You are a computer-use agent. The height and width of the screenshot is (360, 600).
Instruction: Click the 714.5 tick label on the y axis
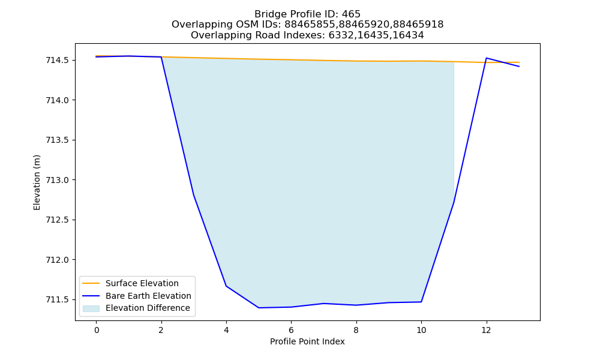(x=58, y=61)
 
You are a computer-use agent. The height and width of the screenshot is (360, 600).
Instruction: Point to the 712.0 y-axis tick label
(x=58, y=260)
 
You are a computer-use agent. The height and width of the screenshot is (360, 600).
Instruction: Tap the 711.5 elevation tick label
(x=58, y=299)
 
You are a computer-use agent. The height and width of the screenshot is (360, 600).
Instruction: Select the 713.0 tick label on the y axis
(x=58, y=180)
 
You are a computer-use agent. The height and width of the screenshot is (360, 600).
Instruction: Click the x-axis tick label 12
(x=486, y=330)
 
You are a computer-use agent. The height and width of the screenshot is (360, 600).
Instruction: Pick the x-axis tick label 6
(x=291, y=330)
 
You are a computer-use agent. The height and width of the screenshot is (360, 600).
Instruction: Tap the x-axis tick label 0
(x=97, y=330)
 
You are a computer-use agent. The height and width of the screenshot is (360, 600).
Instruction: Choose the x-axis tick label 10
(x=421, y=330)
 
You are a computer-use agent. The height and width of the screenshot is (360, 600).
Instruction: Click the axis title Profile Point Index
(x=307, y=341)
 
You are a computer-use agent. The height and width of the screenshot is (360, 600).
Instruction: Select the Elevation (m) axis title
(x=37, y=182)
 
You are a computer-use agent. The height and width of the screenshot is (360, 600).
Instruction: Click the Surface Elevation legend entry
(x=142, y=283)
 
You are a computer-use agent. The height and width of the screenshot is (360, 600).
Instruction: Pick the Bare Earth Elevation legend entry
(x=148, y=296)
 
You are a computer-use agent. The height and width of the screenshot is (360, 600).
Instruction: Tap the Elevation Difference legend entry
(x=148, y=308)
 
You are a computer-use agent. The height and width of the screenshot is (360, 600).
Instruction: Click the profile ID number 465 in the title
(x=351, y=14)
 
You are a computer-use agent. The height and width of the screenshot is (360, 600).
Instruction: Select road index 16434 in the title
(x=408, y=35)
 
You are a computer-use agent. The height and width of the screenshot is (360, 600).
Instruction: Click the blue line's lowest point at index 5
(x=259, y=308)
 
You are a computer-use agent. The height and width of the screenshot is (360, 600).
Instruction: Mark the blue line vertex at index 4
(x=226, y=286)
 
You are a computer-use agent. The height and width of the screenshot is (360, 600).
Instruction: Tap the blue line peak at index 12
(x=487, y=58)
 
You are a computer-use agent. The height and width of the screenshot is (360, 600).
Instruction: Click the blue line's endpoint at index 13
(x=519, y=67)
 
